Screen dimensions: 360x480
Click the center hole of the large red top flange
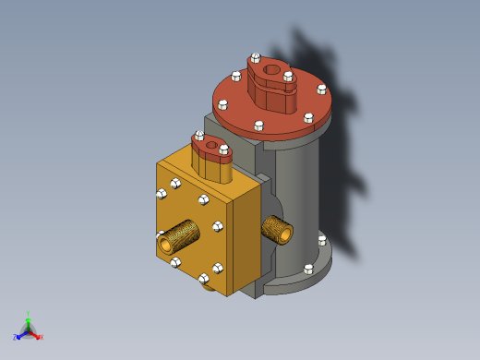(271, 67)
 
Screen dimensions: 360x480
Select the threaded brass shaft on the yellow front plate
(178, 237)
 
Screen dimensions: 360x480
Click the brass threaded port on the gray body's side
(278, 228)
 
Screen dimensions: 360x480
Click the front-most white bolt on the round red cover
(259, 125)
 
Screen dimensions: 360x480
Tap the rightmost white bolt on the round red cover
(321, 90)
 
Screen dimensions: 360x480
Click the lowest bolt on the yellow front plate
(203, 277)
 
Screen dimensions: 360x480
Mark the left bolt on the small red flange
(199, 136)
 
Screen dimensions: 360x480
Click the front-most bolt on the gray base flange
(308, 270)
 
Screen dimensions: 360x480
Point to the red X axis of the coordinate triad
(38, 337)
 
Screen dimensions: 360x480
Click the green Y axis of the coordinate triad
(29, 318)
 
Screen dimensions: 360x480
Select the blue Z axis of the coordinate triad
(19, 335)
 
